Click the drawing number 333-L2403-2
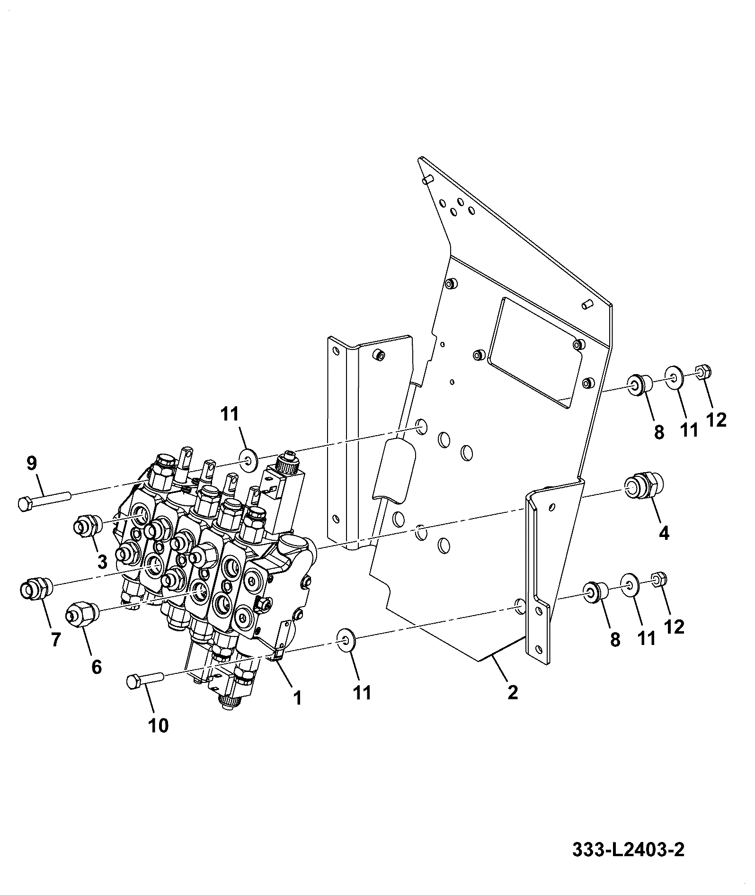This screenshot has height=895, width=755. click(x=628, y=850)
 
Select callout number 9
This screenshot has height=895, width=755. click(x=31, y=464)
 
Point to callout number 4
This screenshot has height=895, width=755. click(x=664, y=534)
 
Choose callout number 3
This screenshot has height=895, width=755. click(x=102, y=562)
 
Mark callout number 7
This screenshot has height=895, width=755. click(x=56, y=640)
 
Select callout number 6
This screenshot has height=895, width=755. click(x=97, y=667)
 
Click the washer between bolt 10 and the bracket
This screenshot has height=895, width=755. click(x=346, y=640)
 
